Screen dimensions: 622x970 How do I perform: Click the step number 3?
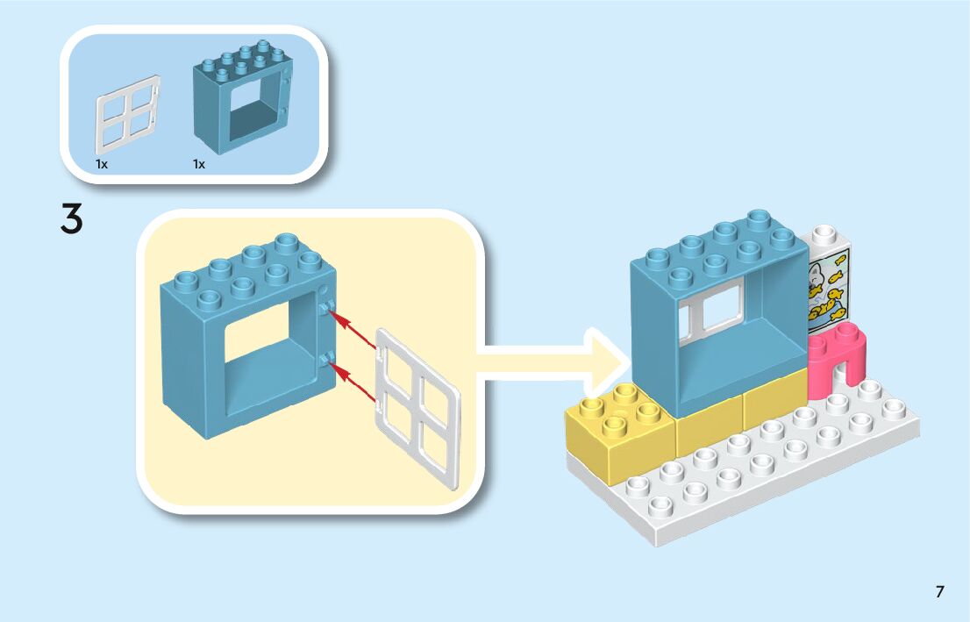(72, 219)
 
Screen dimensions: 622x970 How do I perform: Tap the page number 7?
(939, 592)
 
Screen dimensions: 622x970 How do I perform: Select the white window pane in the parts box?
(127, 115)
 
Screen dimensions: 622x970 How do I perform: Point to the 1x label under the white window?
(102, 164)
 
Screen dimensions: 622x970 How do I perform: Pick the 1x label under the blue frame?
(199, 164)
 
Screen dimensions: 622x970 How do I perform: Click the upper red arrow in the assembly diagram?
(354, 328)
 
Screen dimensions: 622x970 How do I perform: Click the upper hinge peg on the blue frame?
(326, 306)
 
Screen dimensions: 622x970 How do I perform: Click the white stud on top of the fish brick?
(824, 236)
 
